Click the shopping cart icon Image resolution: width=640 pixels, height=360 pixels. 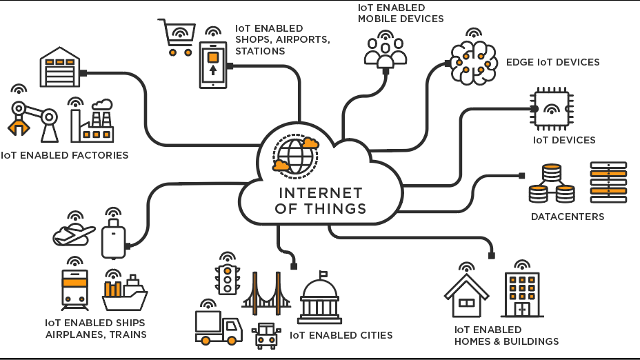tap(176, 39)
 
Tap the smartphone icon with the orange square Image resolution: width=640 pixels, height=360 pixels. tap(213, 65)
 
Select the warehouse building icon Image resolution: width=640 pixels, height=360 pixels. tap(59, 68)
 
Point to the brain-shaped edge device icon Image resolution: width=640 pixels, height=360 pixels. tap(474, 63)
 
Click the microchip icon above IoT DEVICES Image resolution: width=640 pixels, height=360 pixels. tap(552, 109)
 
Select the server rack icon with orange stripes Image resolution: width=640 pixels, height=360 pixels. tap(608, 182)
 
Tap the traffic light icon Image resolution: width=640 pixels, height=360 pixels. tap(227, 279)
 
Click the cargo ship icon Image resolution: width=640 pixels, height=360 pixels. tap(125, 294)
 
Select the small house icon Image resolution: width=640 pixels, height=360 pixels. tap(466, 296)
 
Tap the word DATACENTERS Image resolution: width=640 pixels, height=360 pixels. tap(567, 217)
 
